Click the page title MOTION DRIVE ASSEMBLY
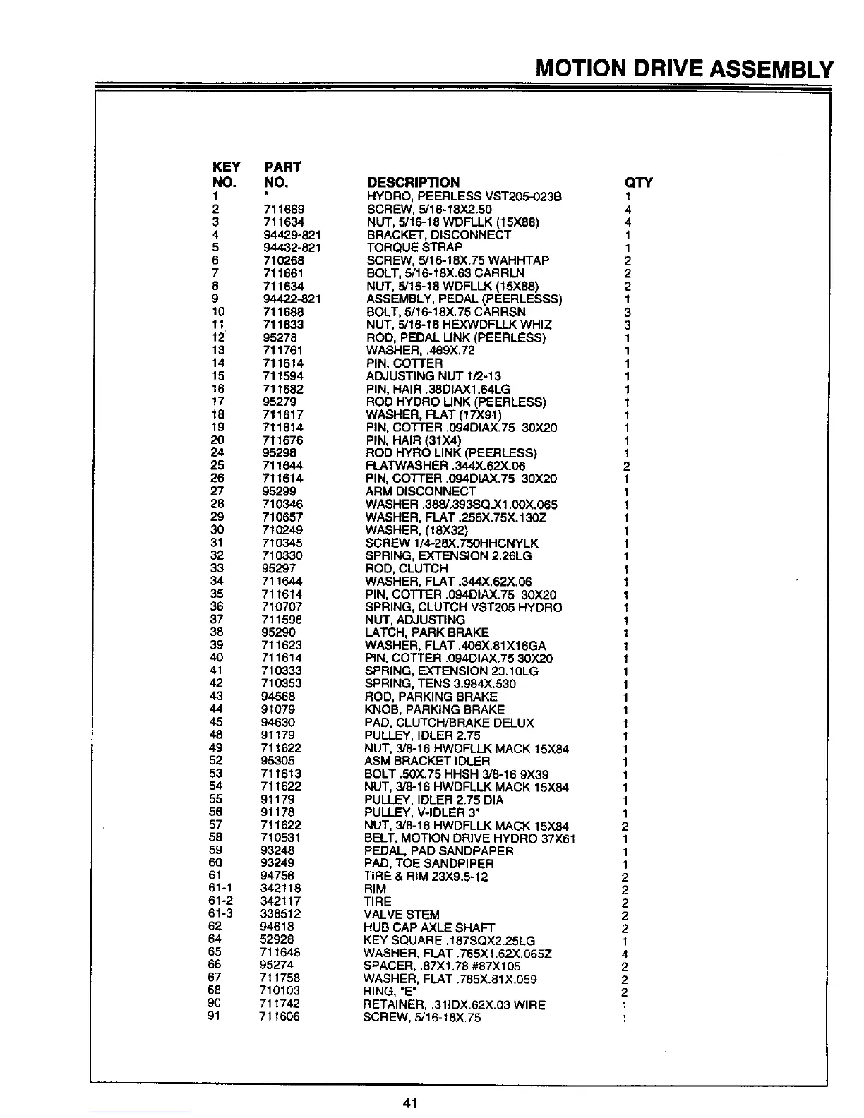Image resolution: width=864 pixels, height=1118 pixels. pos(685,69)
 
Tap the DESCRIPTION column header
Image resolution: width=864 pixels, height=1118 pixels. pos(413,182)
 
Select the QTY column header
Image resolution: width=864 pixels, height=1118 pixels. pos(639,182)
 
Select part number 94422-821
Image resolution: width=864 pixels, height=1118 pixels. pos(292,299)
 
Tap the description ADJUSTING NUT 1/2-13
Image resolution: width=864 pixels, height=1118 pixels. pos(433,375)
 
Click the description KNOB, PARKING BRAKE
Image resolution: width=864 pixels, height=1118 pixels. pos(434,709)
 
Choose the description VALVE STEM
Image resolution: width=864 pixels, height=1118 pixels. pos(401,914)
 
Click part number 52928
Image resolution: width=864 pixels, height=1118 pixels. pos(277,940)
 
